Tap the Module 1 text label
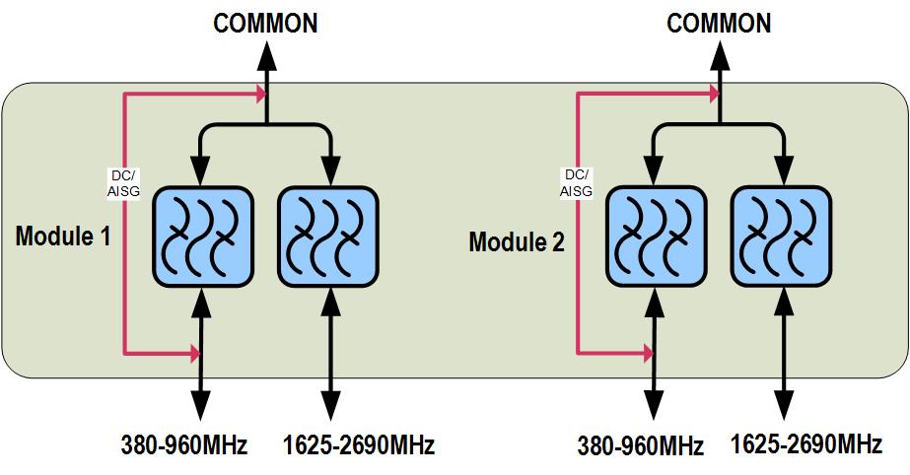[62, 237]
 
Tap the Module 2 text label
[517, 241]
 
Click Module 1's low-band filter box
[201, 234]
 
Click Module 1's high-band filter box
[328, 234]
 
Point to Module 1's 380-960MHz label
[184, 445]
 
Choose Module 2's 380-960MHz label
[641, 446]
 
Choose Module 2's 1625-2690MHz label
[806, 444]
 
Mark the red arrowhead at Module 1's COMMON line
[260, 95]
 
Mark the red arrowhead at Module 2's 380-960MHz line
[647, 351]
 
